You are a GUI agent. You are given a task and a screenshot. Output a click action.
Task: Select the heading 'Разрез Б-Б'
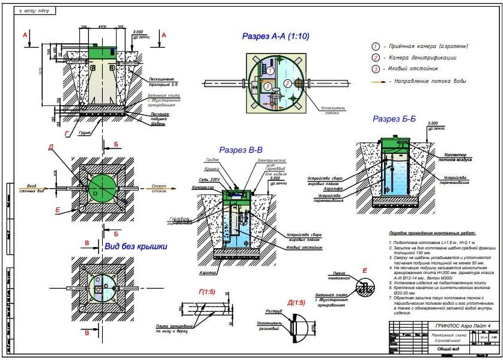coord(394,119)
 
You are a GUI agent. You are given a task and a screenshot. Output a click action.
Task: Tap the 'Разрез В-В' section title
coord(240,150)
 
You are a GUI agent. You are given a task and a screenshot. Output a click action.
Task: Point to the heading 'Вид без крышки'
coord(135,246)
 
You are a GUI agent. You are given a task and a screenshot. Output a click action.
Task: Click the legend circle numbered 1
coord(376,46)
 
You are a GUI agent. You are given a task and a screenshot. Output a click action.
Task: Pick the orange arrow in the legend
coord(377,81)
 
